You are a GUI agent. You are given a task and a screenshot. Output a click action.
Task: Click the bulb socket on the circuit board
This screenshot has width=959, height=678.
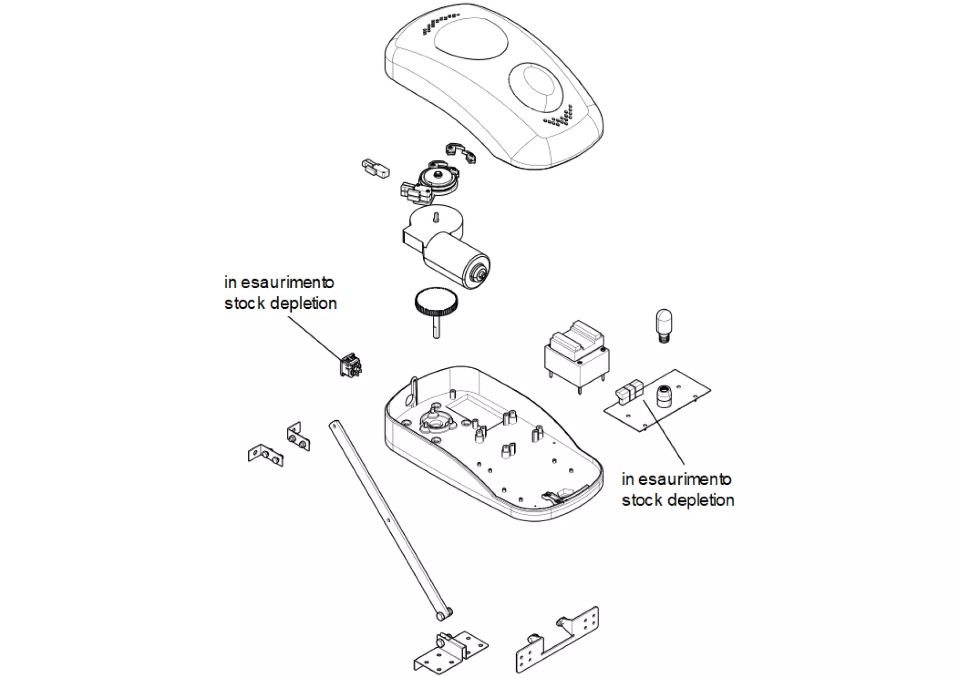pyautogui.click(x=663, y=396)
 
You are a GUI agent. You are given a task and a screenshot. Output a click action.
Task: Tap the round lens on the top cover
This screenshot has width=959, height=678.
pyautogui.click(x=536, y=87)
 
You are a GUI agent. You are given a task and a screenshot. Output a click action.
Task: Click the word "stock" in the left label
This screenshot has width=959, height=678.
pyautogui.click(x=244, y=303)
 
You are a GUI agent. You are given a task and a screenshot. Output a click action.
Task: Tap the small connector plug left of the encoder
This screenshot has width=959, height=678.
pyautogui.click(x=375, y=168)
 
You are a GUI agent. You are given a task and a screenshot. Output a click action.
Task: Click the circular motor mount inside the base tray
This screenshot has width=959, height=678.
pyautogui.click(x=433, y=421)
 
